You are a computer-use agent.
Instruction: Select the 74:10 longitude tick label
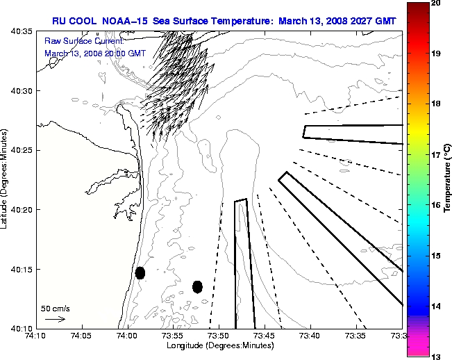coord(35,336)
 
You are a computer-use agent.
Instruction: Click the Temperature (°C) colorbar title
coord(448,180)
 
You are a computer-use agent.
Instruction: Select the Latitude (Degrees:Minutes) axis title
coord(5,180)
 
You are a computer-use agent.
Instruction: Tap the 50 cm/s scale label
coord(55,308)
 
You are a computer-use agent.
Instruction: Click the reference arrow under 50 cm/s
coord(55,319)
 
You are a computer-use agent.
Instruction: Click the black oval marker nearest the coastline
coord(140,272)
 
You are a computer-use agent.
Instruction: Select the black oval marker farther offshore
coord(197,286)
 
